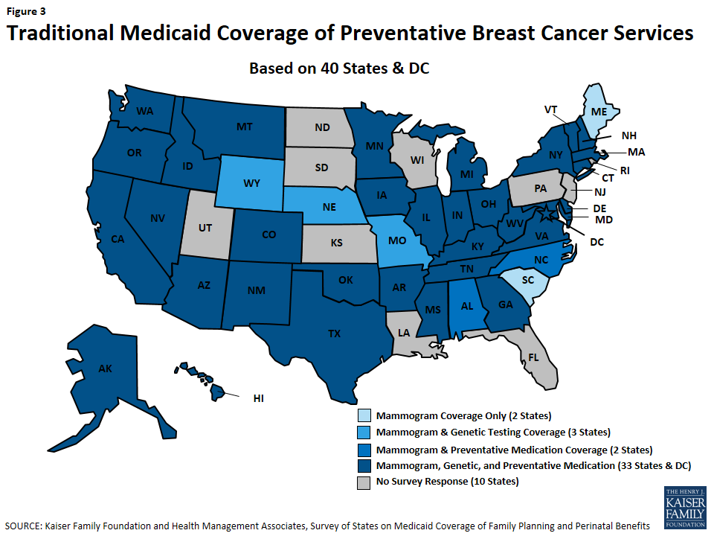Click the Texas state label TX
335,334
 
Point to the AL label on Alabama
466,306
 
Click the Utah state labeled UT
204,223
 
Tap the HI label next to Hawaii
258,399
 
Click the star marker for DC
552,215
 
